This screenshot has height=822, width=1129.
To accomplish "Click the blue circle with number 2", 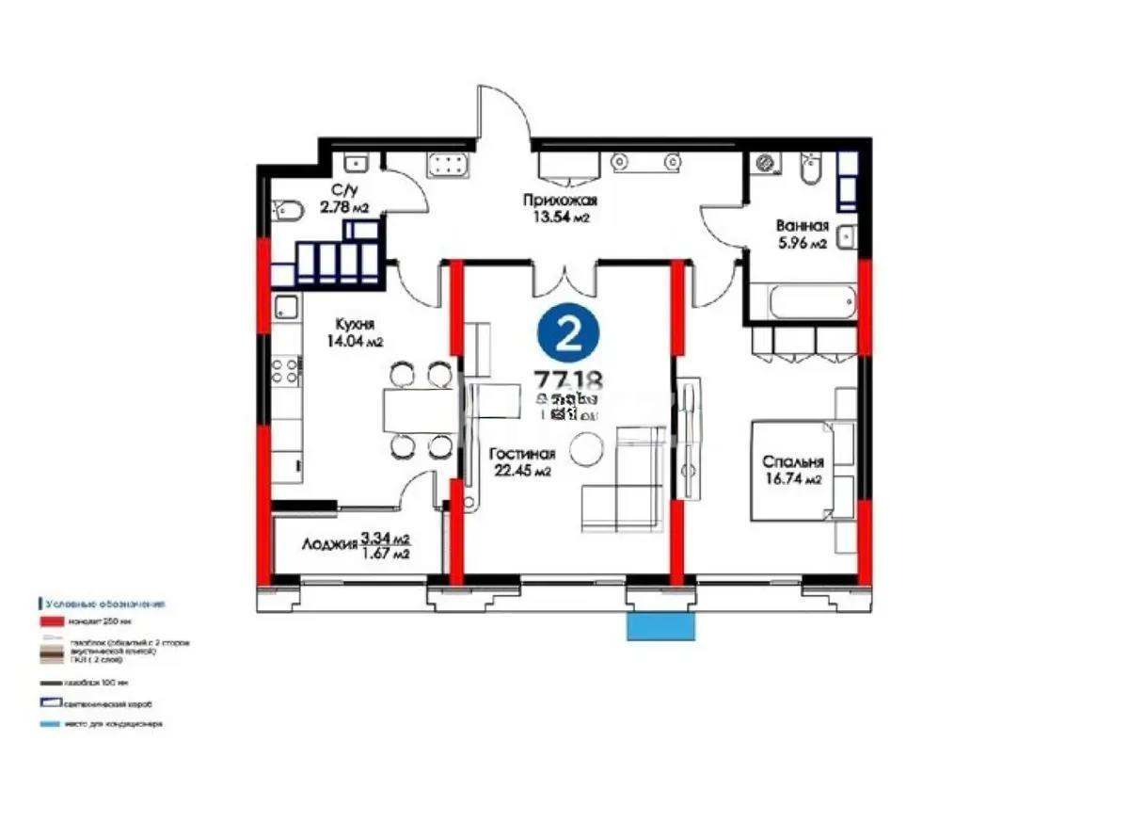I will click(567, 334).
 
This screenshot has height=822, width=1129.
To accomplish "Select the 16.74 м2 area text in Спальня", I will click(794, 479).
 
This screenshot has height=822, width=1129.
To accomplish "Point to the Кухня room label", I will click(344, 325).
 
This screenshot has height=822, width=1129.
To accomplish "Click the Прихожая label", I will click(560, 201).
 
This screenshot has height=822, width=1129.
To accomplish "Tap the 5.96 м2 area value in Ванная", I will click(801, 244).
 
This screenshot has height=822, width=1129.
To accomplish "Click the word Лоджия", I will click(329, 544).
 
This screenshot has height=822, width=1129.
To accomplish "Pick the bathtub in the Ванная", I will click(812, 303).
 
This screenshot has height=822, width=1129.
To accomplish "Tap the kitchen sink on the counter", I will click(286, 307).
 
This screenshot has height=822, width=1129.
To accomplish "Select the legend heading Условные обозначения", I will click(103, 604).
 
